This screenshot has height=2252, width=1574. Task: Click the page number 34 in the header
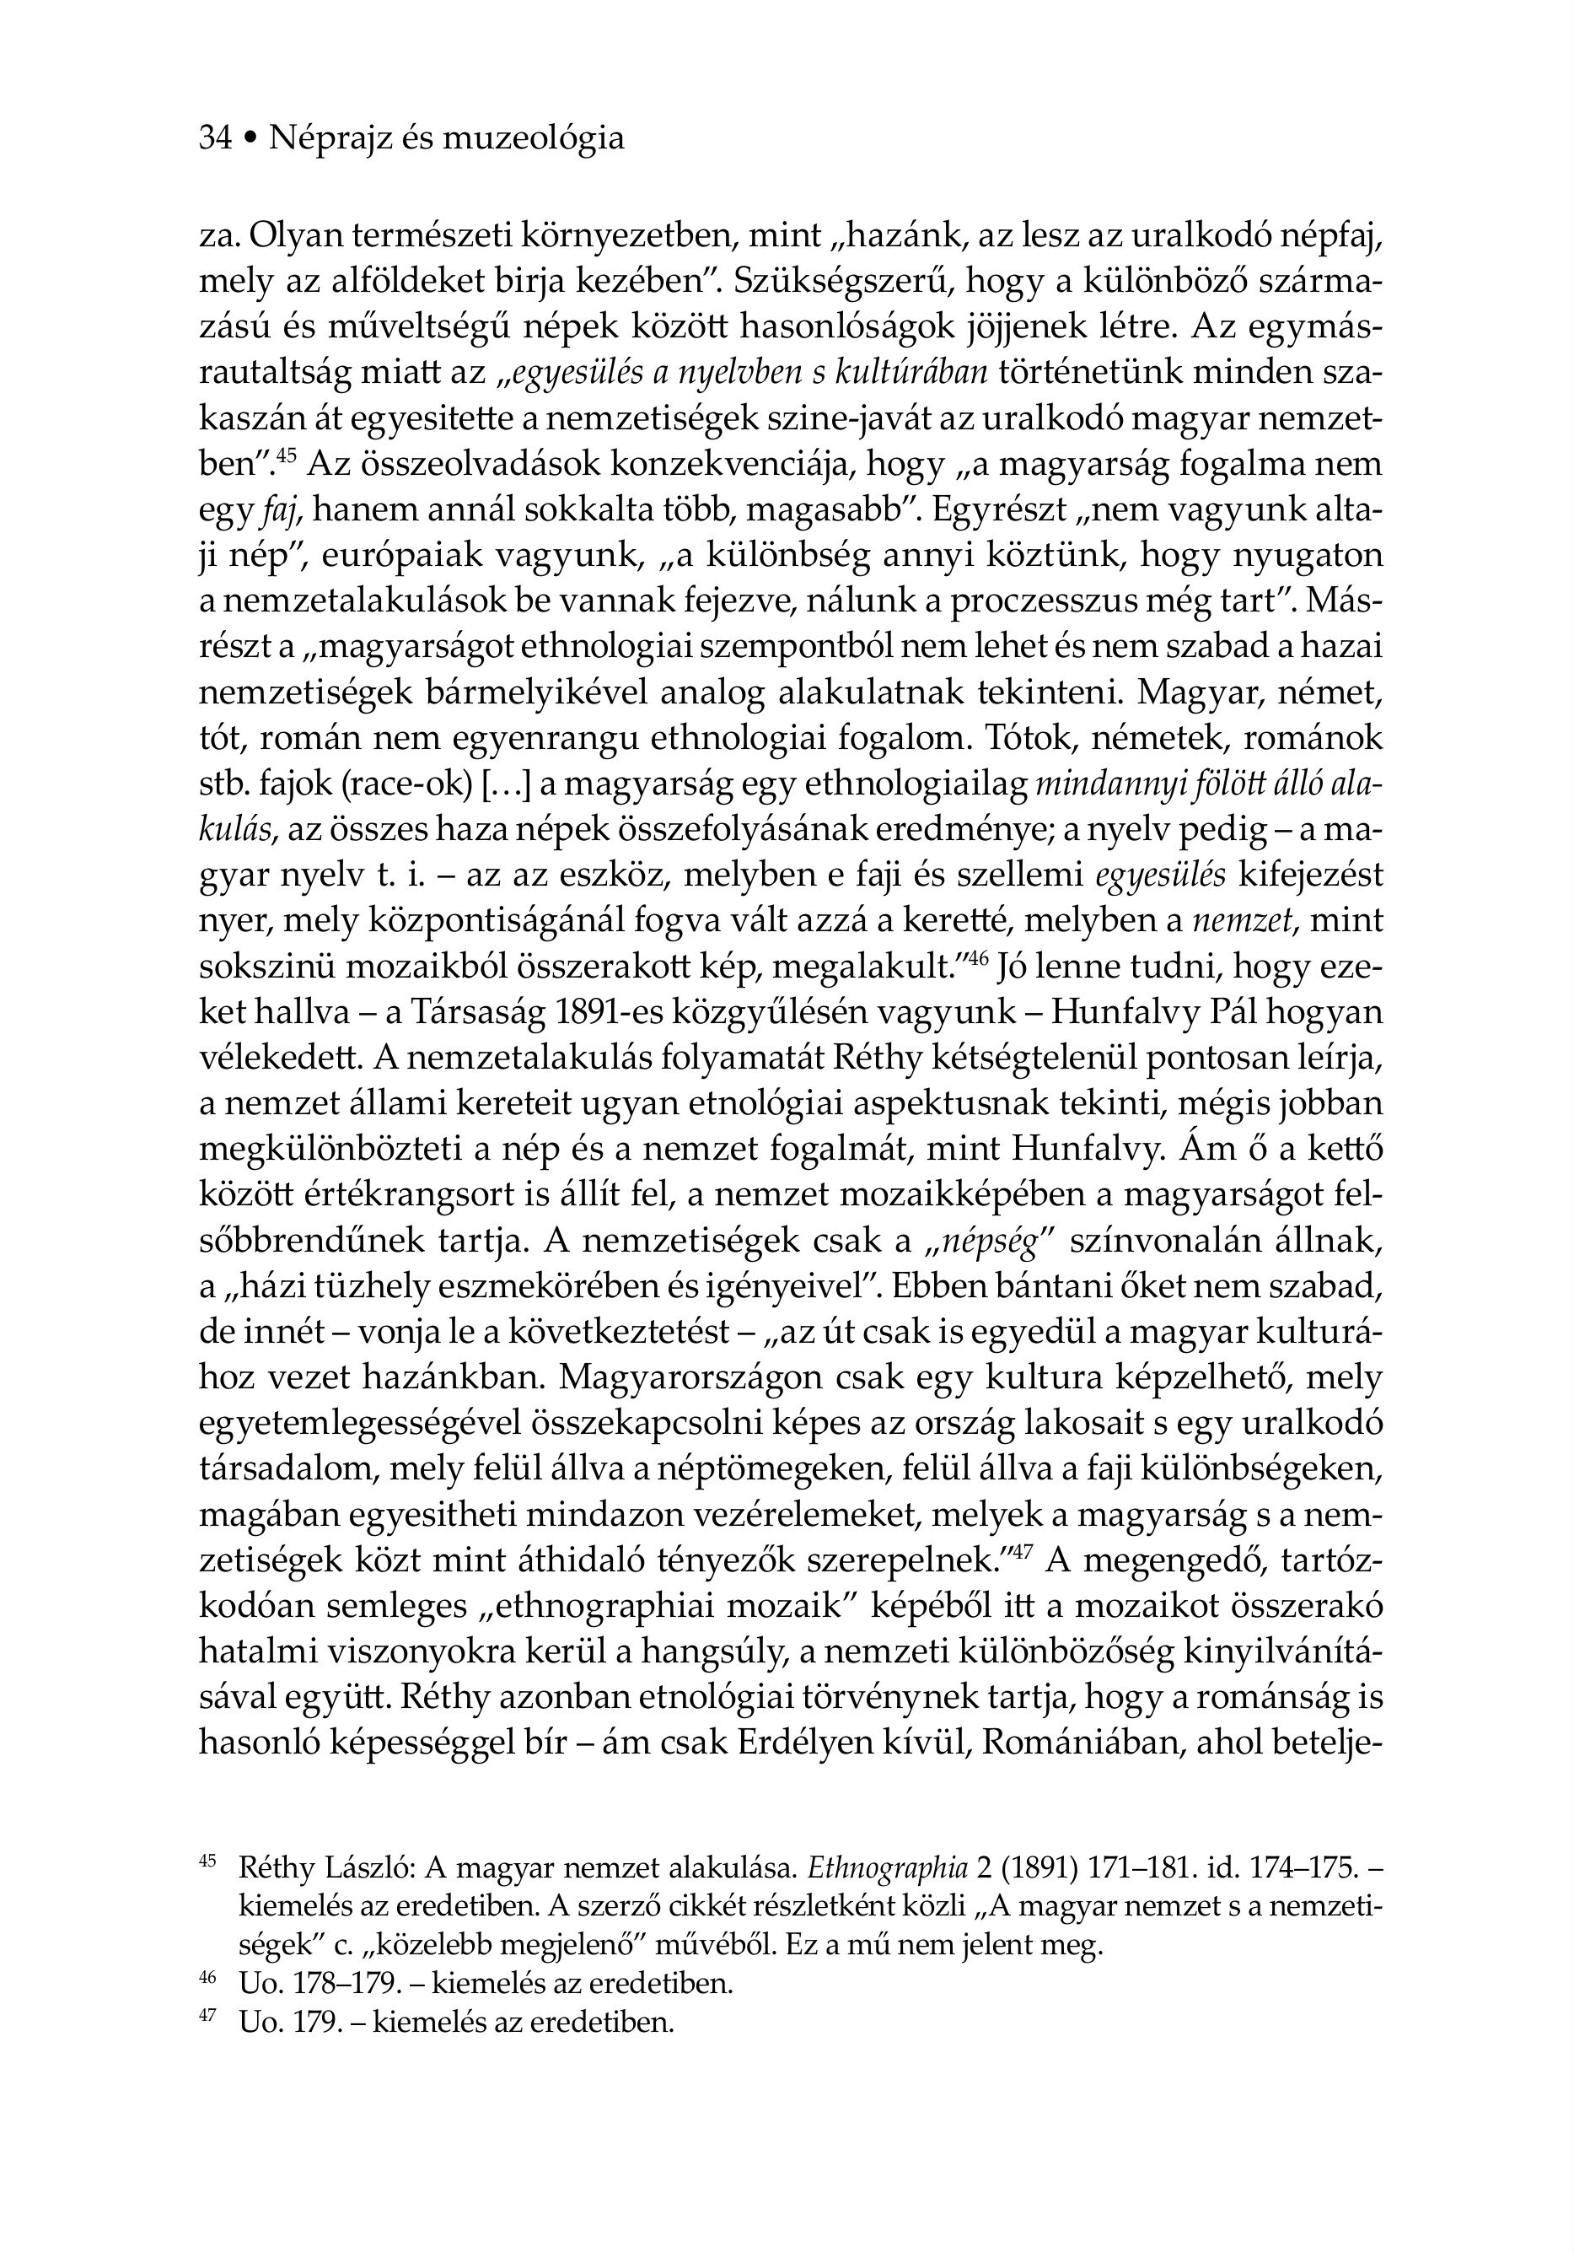click(x=215, y=138)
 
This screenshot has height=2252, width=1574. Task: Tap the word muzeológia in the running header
click(x=534, y=138)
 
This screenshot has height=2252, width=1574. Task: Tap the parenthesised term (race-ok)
click(x=392, y=784)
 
